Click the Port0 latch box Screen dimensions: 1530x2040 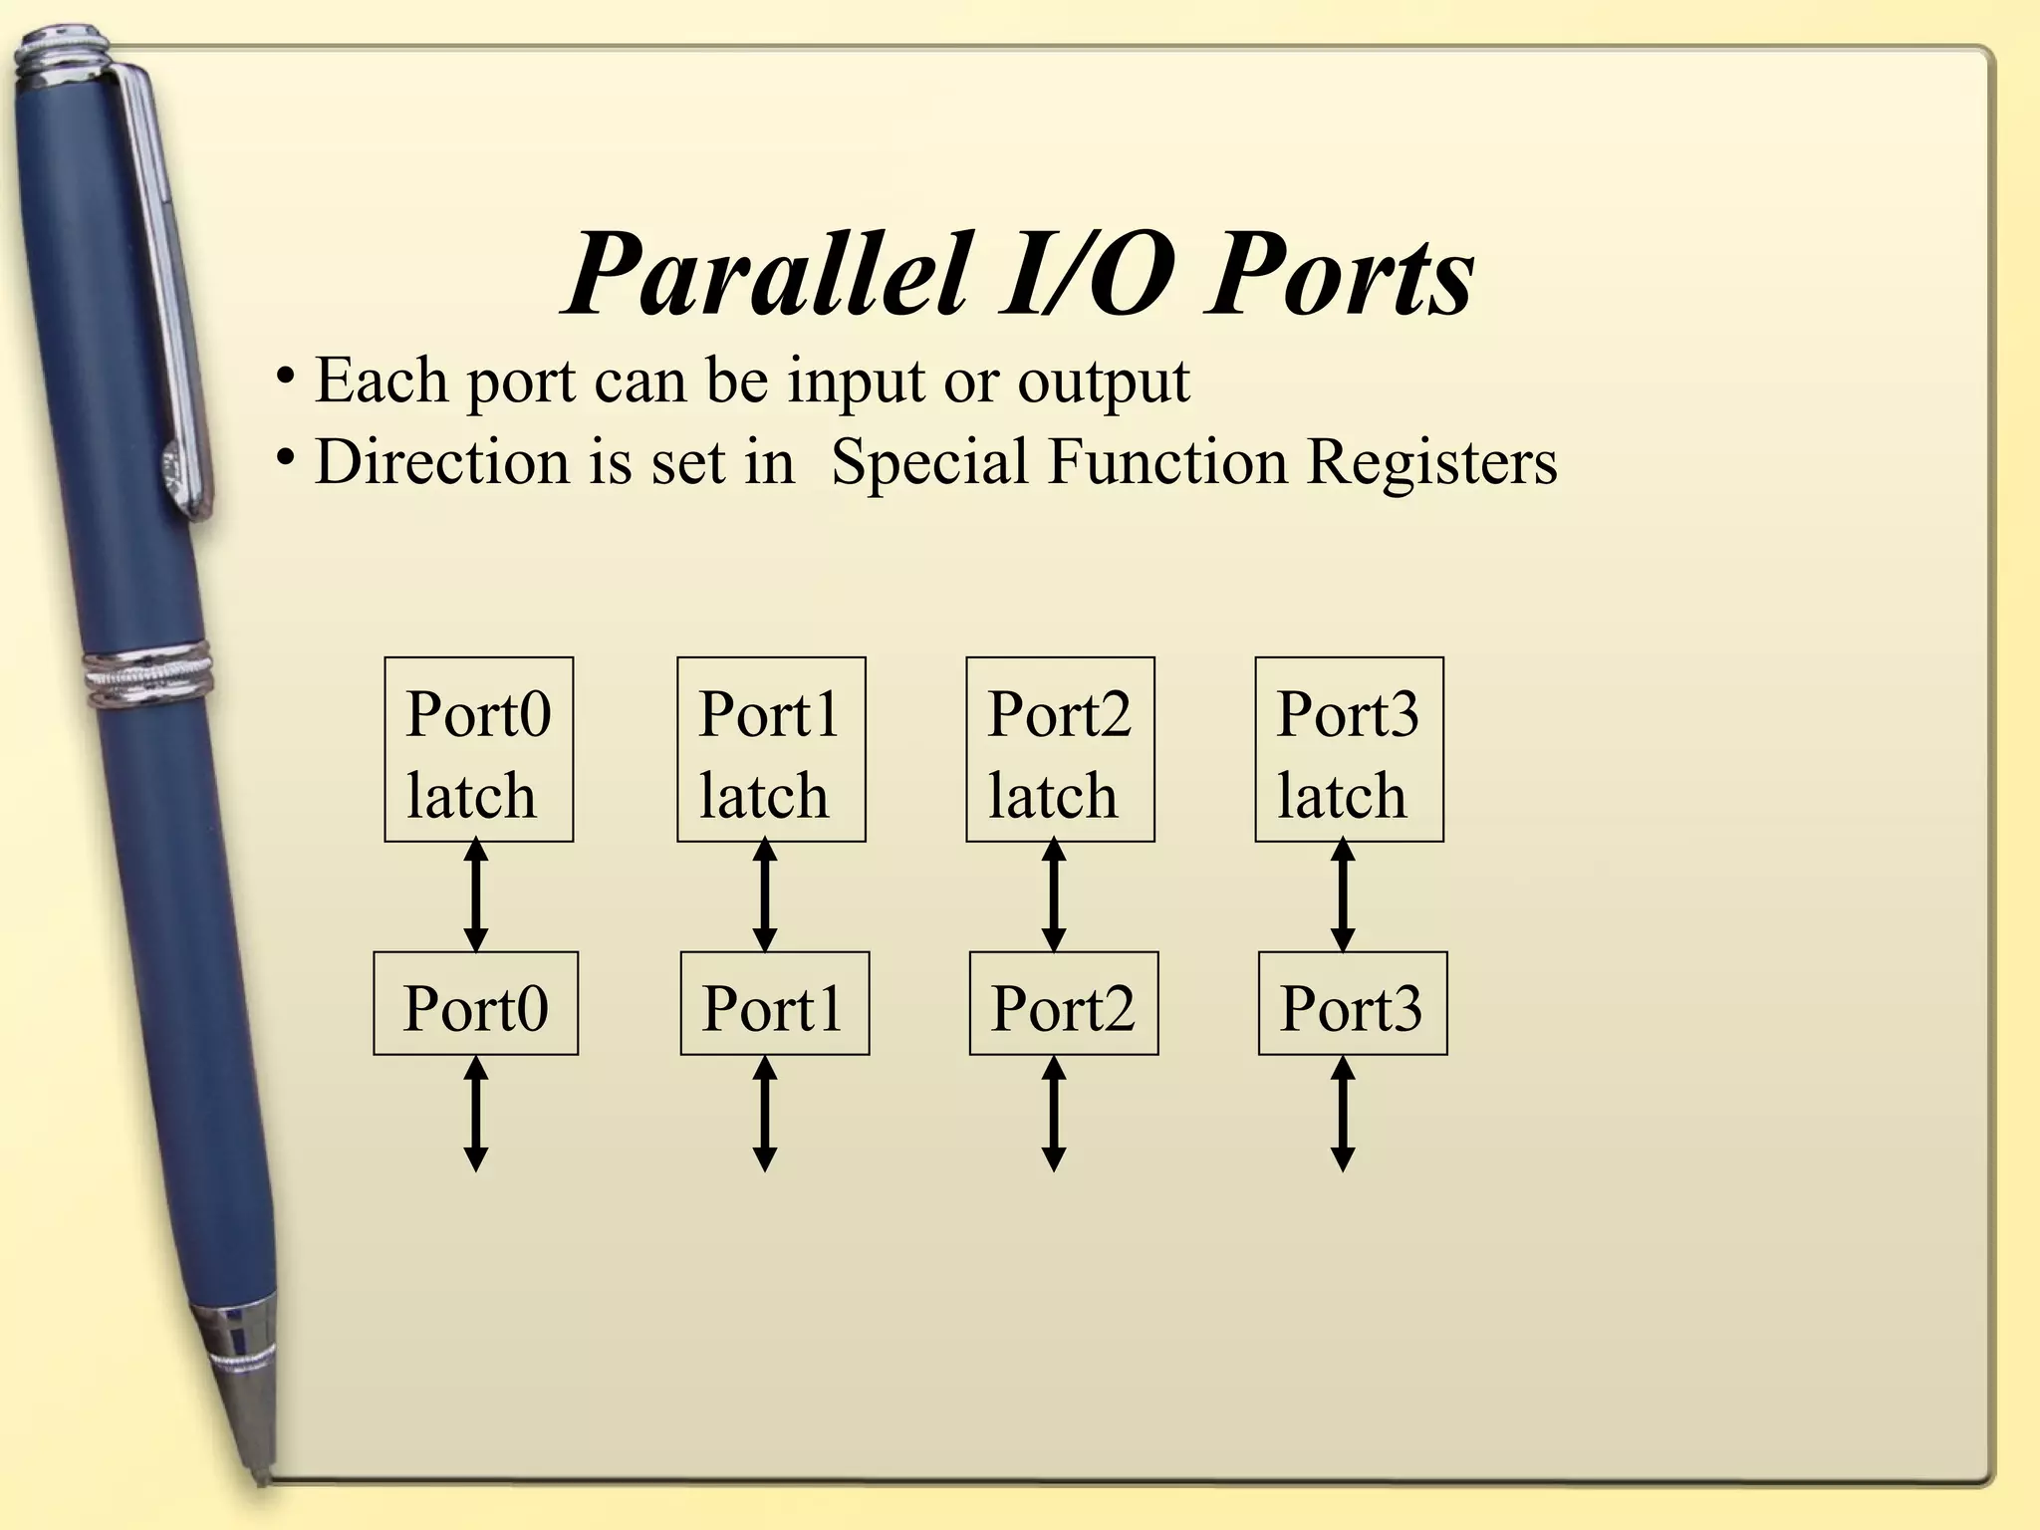tap(478, 749)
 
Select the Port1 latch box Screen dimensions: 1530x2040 tap(771, 749)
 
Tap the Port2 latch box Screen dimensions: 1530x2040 tap(1060, 749)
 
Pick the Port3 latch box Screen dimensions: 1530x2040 tap(1349, 749)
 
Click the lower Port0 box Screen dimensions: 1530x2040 tap(475, 1003)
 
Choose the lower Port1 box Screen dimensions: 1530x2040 tap(774, 1003)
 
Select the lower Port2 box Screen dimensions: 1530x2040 tap(1063, 1003)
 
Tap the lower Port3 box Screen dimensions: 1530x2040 tap(1352, 1003)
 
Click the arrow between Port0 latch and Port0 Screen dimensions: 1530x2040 tap(476, 896)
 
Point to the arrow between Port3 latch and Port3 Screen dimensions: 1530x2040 tap(1343, 896)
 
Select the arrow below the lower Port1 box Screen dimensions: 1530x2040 tap(765, 1114)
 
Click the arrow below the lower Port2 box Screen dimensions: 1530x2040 tap(1054, 1114)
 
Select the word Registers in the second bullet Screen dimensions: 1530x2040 tap(1431, 462)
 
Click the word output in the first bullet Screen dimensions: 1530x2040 tap(1103, 381)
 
